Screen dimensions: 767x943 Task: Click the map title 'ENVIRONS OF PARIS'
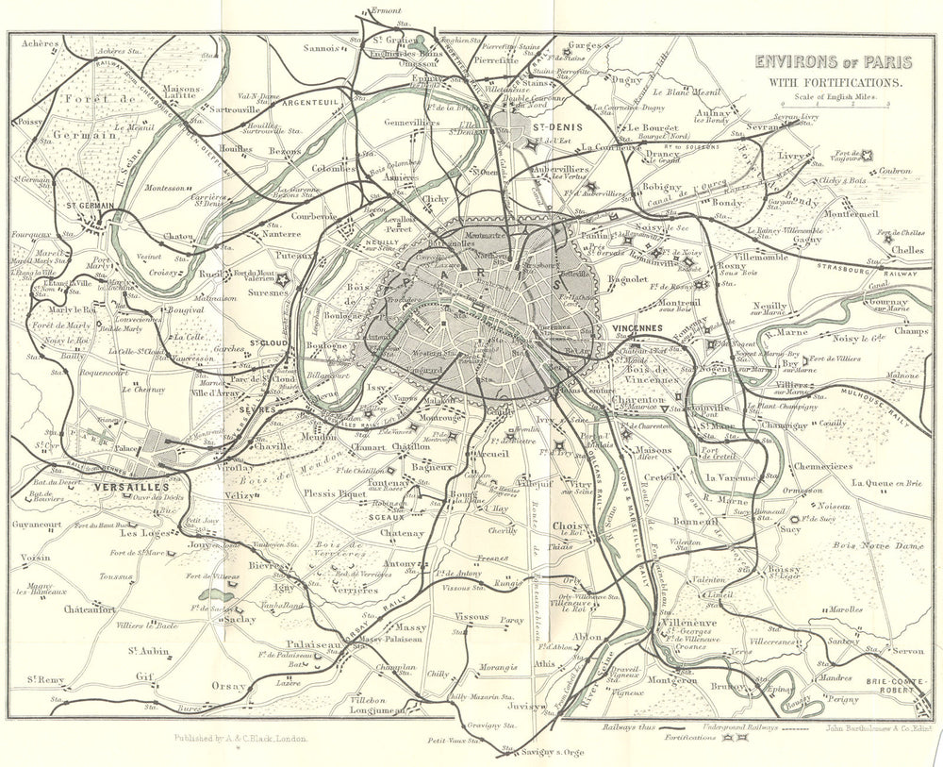point(831,64)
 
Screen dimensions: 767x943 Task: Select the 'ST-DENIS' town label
point(553,125)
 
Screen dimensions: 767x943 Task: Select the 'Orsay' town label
point(228,685)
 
